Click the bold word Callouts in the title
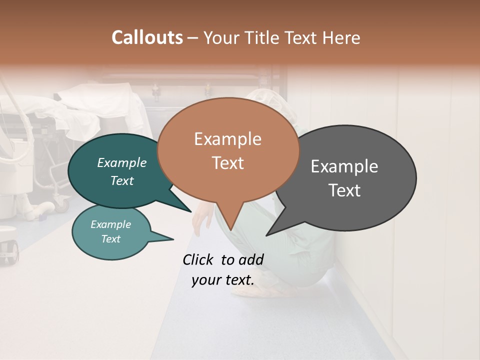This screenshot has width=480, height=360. (147, 37)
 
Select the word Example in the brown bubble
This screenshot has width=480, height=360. (227, 139)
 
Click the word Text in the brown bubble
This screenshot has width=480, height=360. (227, 163)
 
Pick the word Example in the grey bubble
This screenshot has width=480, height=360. (344, 166)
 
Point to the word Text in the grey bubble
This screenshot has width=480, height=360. (344, 190)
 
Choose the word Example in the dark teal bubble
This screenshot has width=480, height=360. (121, 163)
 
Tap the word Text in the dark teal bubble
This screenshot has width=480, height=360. (121, 180)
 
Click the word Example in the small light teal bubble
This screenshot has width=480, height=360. (110, 224)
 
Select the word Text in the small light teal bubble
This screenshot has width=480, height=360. (110, 239)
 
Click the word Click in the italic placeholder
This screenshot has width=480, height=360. (198, 259)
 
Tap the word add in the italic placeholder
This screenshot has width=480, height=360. (251, 259)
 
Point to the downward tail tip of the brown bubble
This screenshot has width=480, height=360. (230, 230)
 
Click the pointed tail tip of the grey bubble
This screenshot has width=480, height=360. (266, 235)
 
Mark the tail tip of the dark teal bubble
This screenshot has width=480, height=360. (191, 211)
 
